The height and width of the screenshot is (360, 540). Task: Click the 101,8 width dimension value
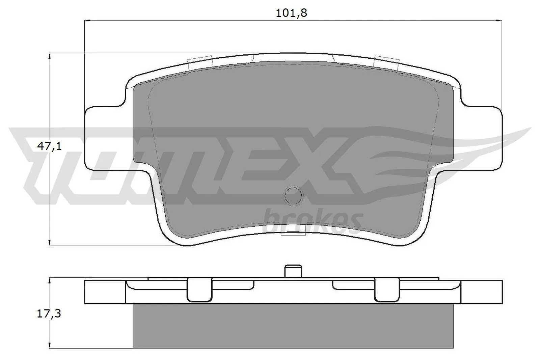point(292,13)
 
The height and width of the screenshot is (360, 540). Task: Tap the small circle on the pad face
point(293,195)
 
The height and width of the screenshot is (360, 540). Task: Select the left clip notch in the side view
point(199,290)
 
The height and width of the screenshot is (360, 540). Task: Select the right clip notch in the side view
point(387,290)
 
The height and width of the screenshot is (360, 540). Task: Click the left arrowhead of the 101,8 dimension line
point(87,21)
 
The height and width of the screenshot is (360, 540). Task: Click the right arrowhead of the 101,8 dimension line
point(499,21)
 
